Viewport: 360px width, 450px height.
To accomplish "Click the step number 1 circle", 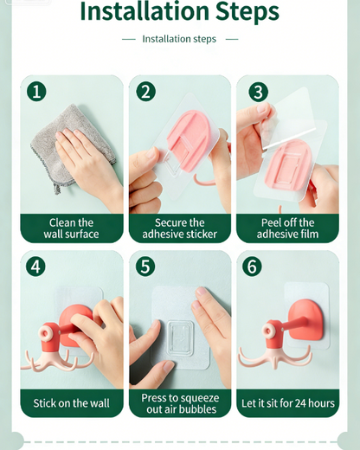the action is pyautogui.click(x=36, y=92).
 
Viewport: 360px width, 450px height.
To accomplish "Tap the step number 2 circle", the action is pyautogui.click(x=145, y=92).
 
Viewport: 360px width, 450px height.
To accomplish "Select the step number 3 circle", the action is pyautogui.click(x=258, y=92).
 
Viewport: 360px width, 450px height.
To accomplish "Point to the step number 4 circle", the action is pyautogui.click(x=35, y=267).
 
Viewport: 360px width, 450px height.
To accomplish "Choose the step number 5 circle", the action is pyautogui.click(x=145, y=267).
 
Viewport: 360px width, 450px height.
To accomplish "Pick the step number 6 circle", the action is pyautogui.click(x=252, y=267).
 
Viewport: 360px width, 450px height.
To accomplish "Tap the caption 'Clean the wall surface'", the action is pyautogui.click(x=71, y=228).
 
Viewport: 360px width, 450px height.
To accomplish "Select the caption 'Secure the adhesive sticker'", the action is pyautogui.click(x=179, y=228).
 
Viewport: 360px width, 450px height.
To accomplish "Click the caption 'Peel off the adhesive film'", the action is pyautogui.click(x=287, y=228).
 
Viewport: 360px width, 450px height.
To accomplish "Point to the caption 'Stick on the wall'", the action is pyautogui.click(x=71, y=403).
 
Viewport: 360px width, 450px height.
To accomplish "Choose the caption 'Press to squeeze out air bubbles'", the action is pyautogui.click(x=180, y=403).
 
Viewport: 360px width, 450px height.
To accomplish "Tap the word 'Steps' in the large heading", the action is pyautogui.click(x=247, y=11).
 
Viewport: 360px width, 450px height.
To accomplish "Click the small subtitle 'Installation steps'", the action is pyautogui.click(x=179, y=39).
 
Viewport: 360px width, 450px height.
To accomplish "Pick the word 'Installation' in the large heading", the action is pyautogui.click(x=145, y=11).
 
